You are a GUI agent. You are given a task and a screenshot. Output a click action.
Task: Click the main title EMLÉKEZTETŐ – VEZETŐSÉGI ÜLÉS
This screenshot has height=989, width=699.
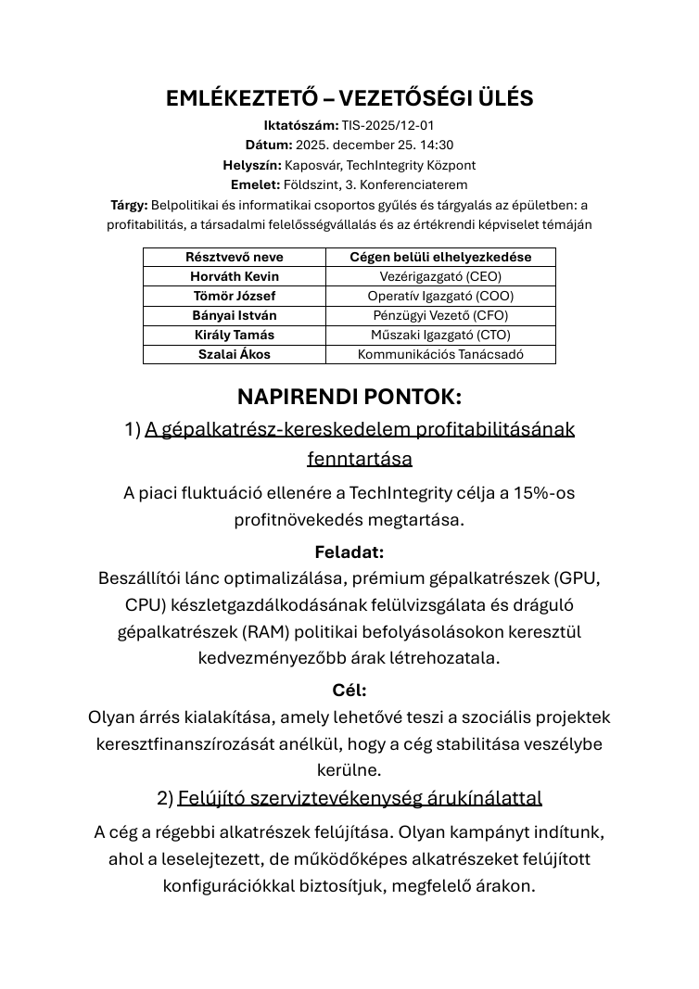(349, 99)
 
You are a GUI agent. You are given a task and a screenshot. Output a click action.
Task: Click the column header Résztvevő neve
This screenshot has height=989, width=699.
(235, 257)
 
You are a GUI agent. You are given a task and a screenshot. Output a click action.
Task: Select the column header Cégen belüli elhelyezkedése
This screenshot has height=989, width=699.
(440, 257)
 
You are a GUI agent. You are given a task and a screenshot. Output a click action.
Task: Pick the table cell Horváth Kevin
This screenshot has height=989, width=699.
(235, 276)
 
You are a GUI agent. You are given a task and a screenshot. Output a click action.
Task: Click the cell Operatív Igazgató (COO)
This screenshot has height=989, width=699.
(440, 296)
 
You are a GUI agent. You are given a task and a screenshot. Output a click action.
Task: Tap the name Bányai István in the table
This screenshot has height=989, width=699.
(235, 315)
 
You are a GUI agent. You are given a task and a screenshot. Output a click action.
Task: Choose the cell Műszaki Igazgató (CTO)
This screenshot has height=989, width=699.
(440, 335)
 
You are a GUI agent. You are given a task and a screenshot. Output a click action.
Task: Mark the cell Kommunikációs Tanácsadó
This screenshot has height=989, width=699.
(440, 354)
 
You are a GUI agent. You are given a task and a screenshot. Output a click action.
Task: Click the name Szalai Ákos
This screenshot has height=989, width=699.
(235, 354)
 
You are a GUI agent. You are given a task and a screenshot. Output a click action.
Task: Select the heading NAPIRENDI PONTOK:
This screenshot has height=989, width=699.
(349, 397)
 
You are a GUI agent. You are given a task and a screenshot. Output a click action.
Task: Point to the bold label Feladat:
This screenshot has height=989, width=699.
(349, 552)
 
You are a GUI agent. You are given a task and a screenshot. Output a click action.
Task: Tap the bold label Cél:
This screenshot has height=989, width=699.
(349, 691)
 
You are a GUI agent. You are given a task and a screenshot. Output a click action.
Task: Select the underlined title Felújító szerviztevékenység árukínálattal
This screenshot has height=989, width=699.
(360, 798)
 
